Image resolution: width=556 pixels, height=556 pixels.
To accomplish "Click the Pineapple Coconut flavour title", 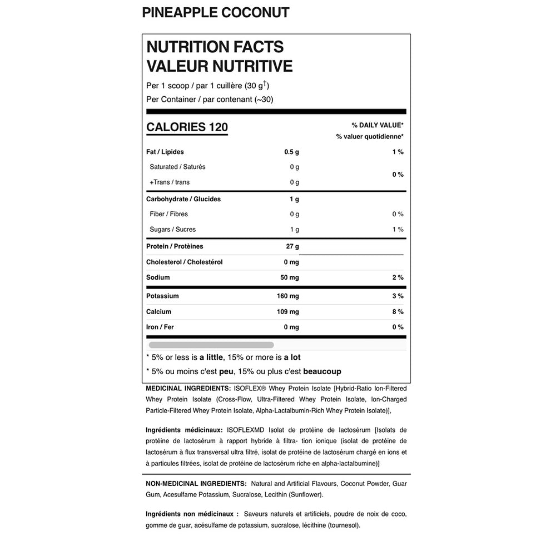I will [x=216, y=13].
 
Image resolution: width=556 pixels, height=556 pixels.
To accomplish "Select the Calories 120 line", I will [x=187, y=127].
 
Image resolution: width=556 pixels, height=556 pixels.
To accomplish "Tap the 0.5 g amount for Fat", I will [x=291, y=152].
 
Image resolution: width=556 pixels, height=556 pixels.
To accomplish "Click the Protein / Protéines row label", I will [x=175, y=246].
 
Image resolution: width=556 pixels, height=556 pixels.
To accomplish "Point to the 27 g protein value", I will [x=292, y=246].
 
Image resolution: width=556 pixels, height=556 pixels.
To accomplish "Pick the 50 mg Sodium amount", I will [x=290, y=277].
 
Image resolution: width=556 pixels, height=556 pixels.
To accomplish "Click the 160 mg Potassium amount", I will [x=288, y=296].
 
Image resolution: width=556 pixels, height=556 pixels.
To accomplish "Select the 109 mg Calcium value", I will [x=288, y=312].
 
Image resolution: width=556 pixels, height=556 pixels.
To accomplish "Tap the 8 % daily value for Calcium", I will [x=398, y=312].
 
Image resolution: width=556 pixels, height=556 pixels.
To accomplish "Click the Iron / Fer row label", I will [x=160, y=327].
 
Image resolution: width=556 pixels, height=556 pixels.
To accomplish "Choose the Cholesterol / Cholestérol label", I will [x=184, y=262].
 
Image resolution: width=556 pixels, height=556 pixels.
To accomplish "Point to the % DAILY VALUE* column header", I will [x=378, y=125].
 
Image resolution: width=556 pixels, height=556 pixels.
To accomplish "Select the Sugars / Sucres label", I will [x=172, y=230].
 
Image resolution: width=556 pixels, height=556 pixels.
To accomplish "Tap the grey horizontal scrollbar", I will [x=211, y=345].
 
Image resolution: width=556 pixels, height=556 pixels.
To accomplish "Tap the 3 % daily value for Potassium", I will [x=398, y=296].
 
